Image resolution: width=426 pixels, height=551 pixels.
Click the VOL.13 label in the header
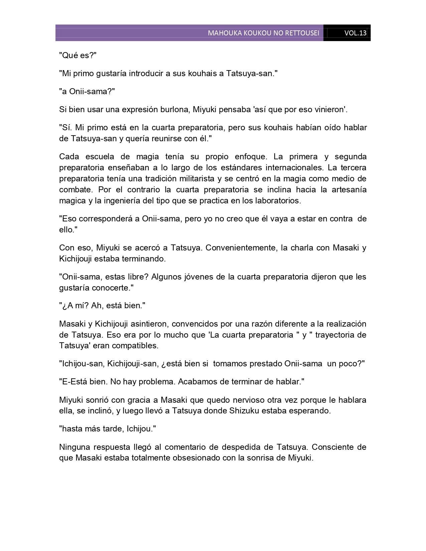click(355, 33)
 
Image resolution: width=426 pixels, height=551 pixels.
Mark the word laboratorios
click(274, 201)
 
